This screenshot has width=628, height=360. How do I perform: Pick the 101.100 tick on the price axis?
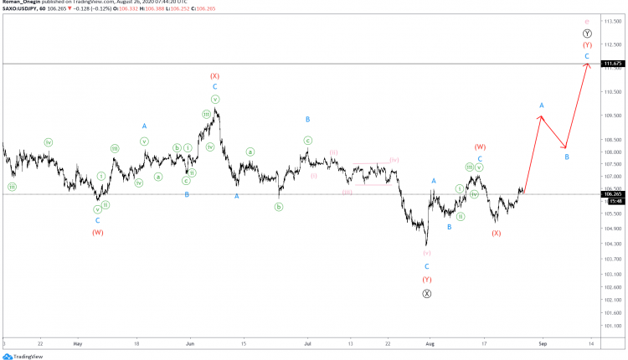(613, 326)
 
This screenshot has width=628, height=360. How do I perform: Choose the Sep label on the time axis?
(543, 343)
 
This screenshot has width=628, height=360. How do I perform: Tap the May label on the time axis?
(77, 343)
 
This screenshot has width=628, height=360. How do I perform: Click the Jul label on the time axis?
(307, 343)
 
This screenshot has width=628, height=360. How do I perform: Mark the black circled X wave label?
(427, 293)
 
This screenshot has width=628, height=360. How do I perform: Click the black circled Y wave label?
(587, 33)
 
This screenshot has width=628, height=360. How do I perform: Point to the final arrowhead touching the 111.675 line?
(589, 66)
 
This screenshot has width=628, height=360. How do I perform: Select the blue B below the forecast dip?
(567, 157)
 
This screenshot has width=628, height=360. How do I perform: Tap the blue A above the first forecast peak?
(542, 105)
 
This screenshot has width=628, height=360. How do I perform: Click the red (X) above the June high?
(214, 75)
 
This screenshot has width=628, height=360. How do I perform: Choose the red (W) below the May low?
(98, 232)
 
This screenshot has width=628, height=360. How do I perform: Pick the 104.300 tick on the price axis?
(613, 244)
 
